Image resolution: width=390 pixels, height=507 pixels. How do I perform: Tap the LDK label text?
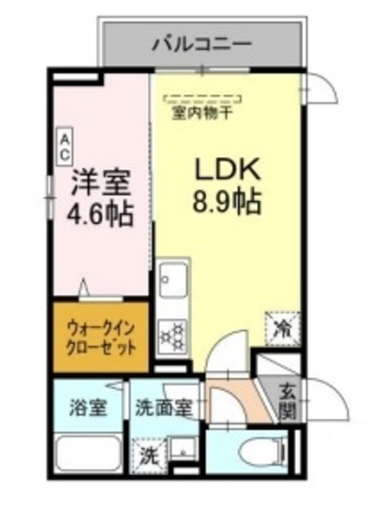(x=224, y=170)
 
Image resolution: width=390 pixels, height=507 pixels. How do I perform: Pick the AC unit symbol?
(x=62, y=147)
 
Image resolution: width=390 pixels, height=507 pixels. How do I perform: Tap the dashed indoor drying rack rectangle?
(x=203, y=99)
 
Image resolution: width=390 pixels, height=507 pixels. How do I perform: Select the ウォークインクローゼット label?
(x=100, y=334)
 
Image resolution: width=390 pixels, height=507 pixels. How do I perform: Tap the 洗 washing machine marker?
(x=148, y=457)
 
